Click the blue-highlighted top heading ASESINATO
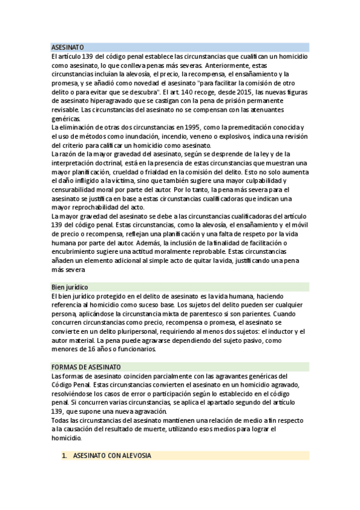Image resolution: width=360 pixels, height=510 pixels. click(67, 46)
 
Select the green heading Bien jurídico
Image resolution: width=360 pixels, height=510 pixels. click(70, 287)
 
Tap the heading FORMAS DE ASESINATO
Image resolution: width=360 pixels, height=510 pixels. click(86, 367)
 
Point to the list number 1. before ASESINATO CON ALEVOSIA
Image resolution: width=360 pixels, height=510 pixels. click(64, 456)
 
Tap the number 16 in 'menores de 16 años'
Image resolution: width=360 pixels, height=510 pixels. click(92, 349)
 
